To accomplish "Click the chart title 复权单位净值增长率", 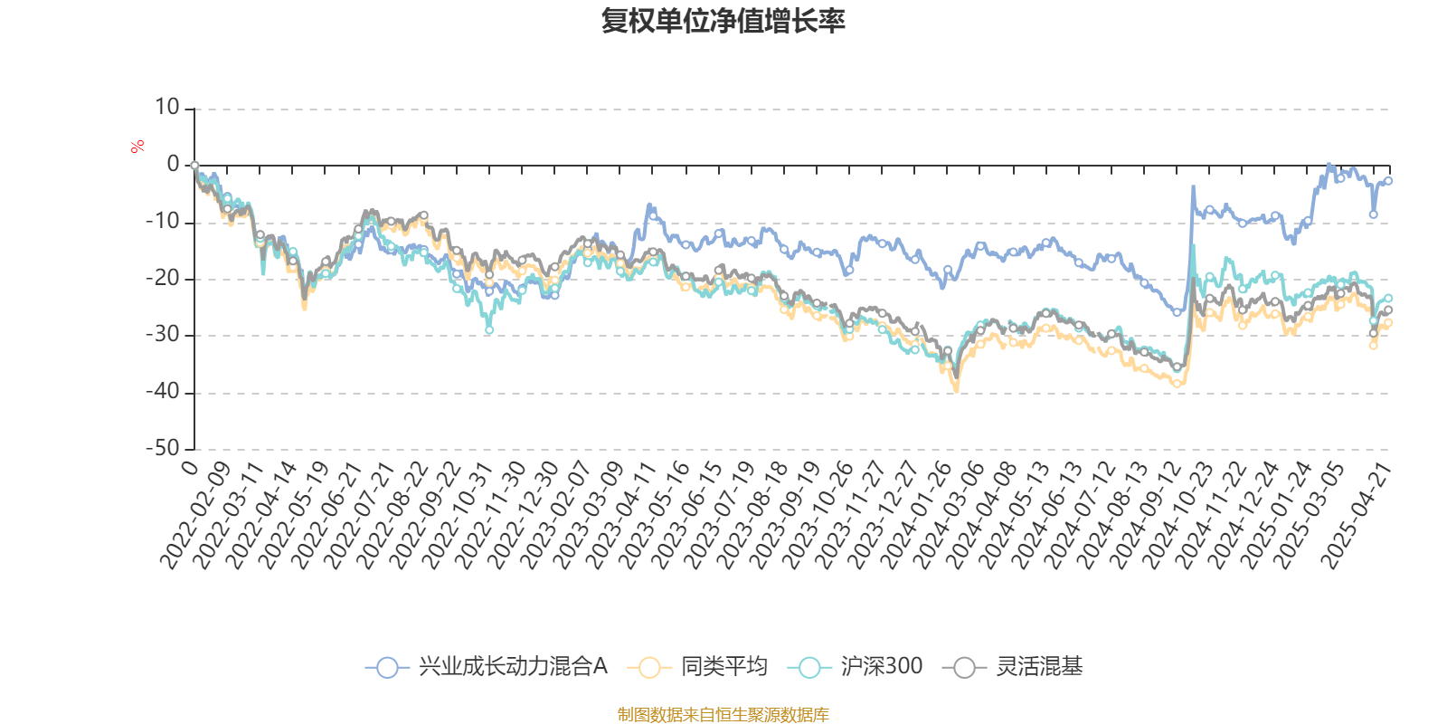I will pos(723,21).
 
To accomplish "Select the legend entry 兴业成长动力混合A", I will pos(487,667).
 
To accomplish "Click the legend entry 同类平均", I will pos(704,667).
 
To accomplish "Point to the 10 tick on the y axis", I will pos(167,108).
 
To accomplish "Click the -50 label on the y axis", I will pos(163,448).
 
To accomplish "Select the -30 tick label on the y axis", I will pos(163,335).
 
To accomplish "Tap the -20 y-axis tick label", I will pos(163,278).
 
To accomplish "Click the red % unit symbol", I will pos(137,146).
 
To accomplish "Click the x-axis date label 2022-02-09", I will pos(196,514).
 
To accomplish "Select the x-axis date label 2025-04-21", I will pos(1356,514).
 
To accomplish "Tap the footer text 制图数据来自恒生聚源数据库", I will pos(723,715).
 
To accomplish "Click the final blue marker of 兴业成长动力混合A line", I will pos(1389,181).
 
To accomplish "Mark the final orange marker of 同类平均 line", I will pos(1389,323).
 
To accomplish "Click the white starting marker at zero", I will pos(194,166).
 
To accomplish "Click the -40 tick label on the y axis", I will pos(163,392).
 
